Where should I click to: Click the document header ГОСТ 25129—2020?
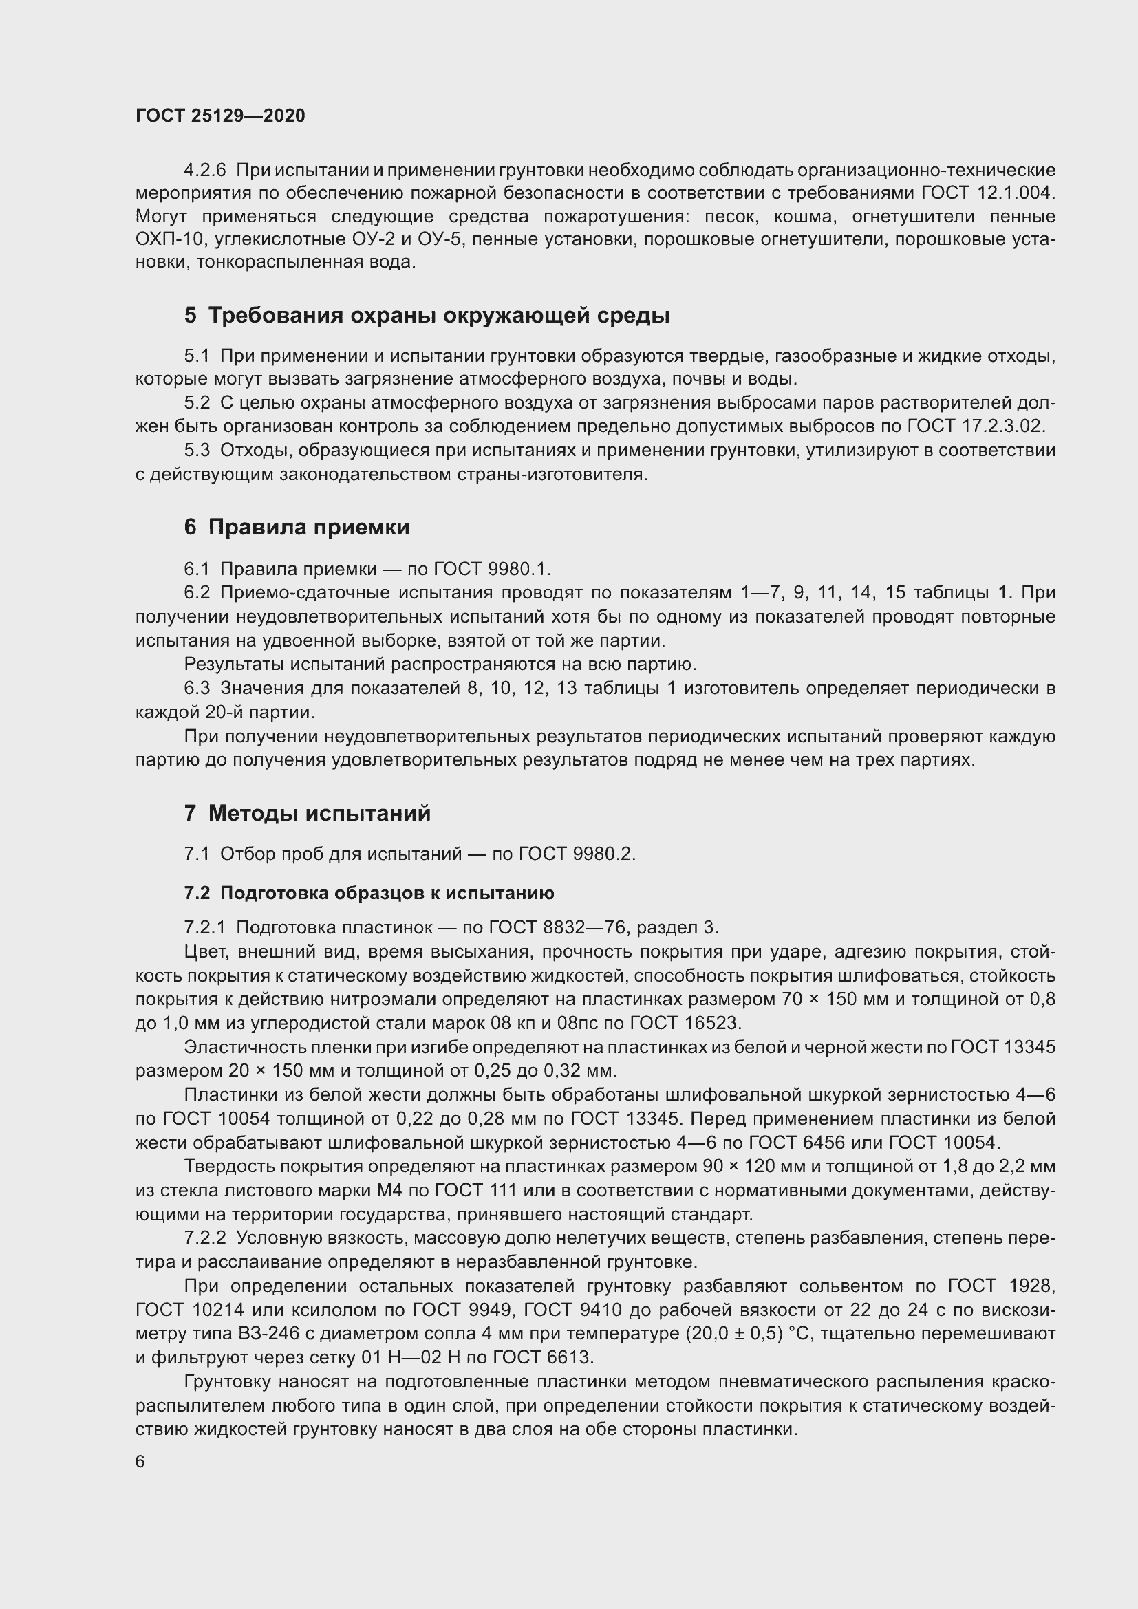coord(220,116)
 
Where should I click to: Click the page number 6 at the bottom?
coord(140,1461)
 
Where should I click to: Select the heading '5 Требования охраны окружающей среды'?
coord(427,315)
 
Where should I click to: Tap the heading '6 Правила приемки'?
coord(297,527)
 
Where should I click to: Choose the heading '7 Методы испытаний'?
coord(307,813)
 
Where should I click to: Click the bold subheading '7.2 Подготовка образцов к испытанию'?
coord(369,893)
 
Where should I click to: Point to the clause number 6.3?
coord(197,688)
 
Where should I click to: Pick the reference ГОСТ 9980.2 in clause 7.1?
coord(576,854)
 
